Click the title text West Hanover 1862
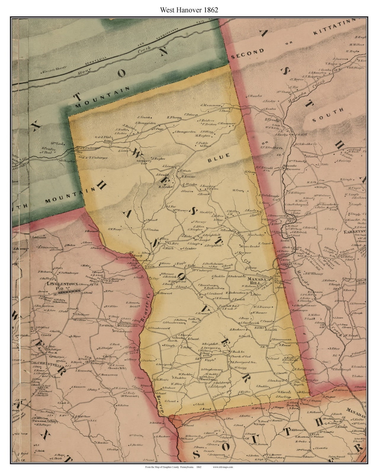(x=189, y=10)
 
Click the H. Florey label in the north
(x=174, y=117)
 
